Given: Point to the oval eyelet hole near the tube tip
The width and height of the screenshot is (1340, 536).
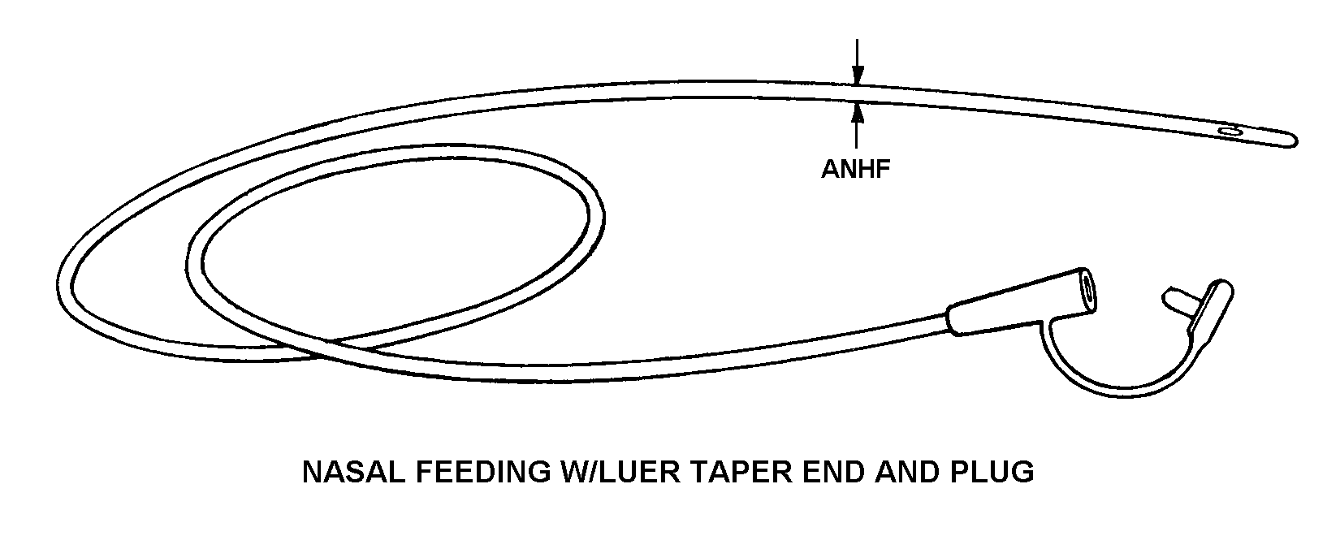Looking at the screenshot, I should pyautogui.click(x=1231, y=131).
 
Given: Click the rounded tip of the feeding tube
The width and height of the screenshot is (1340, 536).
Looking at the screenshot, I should pyautogui.click(x=1290, y=141).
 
